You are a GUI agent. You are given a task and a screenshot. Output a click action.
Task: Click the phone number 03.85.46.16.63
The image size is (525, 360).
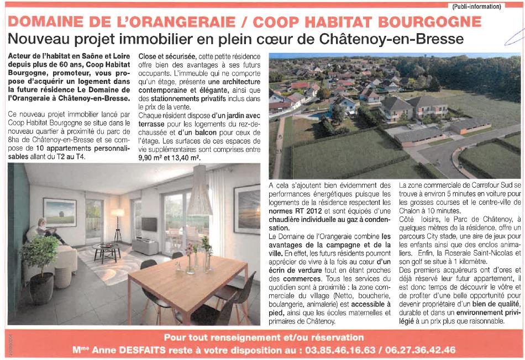click(x=347, y=350)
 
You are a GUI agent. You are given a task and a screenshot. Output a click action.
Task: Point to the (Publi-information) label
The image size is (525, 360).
click(x=476, y=7)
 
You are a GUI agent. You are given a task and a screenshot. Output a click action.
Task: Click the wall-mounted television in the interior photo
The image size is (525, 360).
click(x=149, y=224)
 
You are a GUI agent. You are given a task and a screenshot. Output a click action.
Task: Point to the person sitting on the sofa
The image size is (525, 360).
click(x=46, y=231)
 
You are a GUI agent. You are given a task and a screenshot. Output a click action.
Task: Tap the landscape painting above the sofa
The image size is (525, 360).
click(x=59, y=212)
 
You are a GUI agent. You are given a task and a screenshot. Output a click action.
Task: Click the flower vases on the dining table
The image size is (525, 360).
click(x=197, y=257)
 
